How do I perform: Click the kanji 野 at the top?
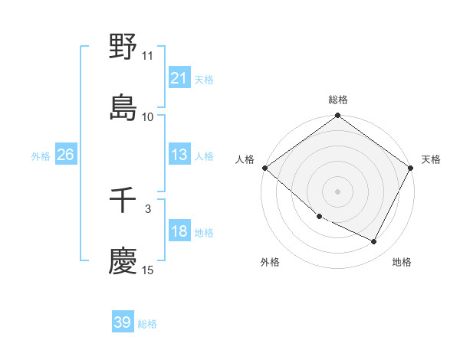123,47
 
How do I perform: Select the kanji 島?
123,107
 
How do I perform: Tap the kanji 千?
123,201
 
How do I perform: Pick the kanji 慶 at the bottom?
123,261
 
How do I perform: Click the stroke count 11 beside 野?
147,56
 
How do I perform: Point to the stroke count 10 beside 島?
147,116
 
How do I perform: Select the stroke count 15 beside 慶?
147,270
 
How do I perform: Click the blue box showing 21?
179,78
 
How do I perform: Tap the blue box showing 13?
179,155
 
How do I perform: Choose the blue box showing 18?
179,231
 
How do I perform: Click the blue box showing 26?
65,155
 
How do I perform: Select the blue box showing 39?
122,322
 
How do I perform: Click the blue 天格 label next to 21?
204,79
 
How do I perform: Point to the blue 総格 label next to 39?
147,324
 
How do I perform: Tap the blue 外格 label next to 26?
41,155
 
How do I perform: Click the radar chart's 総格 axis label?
338,100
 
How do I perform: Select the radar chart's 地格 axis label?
402,262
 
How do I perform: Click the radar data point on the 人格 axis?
264,168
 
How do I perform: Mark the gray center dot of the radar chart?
338,191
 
